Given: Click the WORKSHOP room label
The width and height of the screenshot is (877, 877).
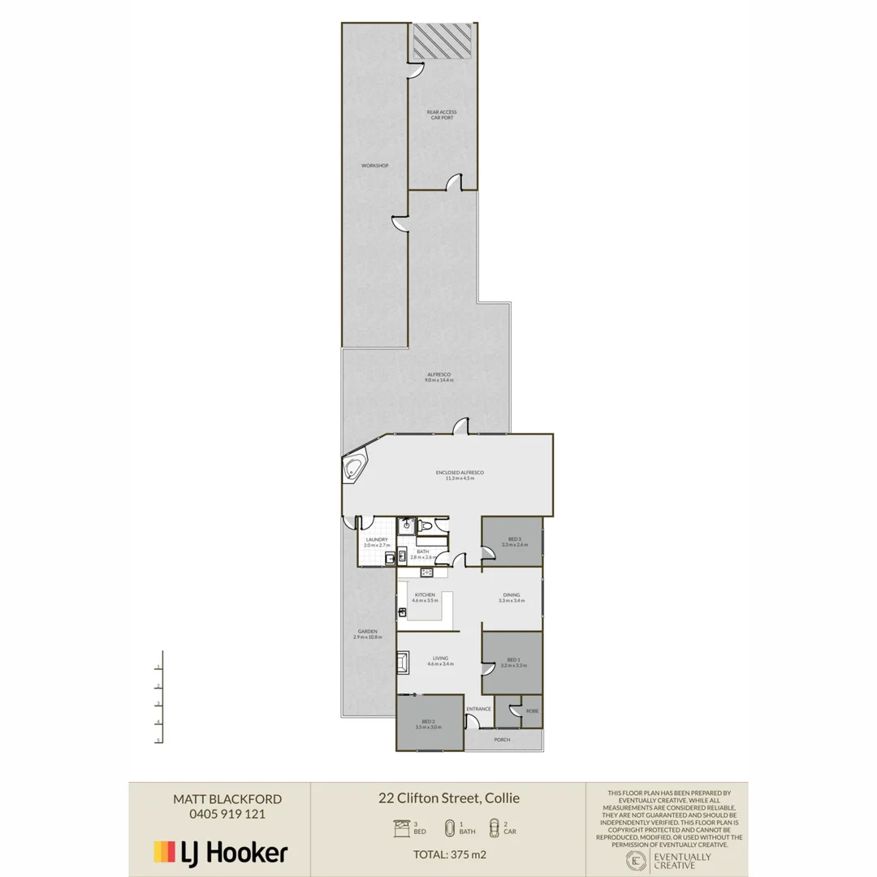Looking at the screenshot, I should [374, 166].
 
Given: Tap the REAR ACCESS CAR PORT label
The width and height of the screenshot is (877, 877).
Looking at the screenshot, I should [442, 114].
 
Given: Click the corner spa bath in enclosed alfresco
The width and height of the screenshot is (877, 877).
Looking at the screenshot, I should [355, 469].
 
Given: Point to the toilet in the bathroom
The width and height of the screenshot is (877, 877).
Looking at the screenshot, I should [426, 529].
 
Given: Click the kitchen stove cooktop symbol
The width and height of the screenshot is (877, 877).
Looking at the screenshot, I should [427, 572].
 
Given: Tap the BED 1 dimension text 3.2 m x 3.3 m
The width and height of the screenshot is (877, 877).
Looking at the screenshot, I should [512, 664].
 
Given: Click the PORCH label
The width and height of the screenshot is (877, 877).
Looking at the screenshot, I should [502, 740].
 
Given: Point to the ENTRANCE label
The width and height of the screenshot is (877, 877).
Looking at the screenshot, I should [478, 709].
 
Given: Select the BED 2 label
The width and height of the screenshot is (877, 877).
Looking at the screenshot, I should [427, 722].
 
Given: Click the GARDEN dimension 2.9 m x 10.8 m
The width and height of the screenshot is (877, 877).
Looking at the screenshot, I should [367, 637].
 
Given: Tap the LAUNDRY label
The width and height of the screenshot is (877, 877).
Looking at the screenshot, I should [377, 539].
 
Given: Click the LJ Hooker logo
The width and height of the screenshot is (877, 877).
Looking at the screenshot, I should [220, 853].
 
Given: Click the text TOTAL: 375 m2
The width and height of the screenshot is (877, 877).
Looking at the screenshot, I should [448, 853].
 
